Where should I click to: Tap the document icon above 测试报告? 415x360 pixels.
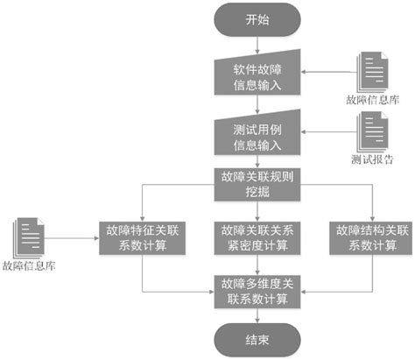(x=369, y=131)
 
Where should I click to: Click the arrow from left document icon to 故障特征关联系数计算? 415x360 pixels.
(x=74, y=236)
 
